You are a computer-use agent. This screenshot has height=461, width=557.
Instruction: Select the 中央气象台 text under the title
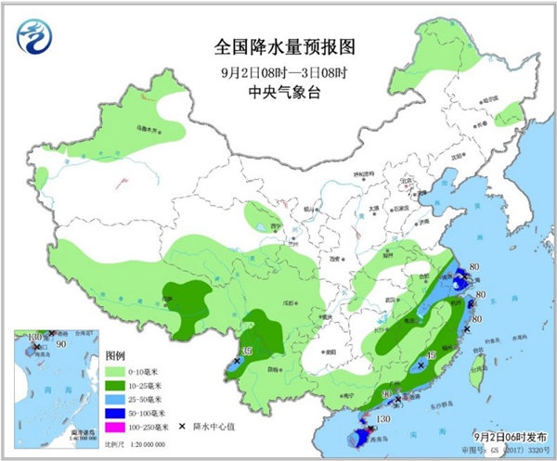pos(279,92)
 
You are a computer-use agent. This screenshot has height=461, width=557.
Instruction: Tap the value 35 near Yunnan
pos(246,351)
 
